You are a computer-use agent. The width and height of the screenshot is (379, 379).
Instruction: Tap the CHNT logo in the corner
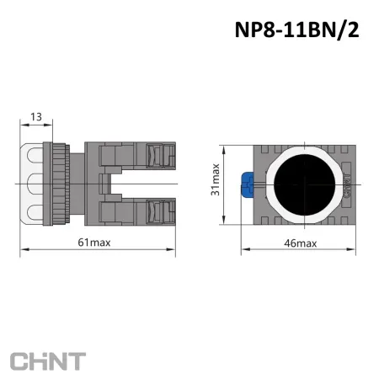[x=48, y=361]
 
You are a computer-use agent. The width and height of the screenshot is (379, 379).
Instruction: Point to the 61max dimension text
[x=94, y=243]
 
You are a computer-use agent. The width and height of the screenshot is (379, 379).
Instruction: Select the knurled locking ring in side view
[x=60, y=183]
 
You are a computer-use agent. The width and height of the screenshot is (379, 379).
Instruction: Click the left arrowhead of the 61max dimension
[x=21, y=250]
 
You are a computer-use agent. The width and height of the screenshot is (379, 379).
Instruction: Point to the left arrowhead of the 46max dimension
[x=245, y=250]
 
